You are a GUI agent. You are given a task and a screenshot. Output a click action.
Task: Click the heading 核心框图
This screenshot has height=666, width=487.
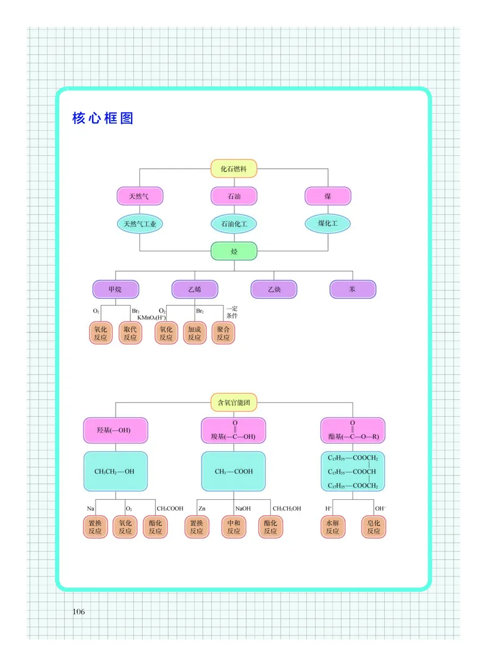tap(103, 118)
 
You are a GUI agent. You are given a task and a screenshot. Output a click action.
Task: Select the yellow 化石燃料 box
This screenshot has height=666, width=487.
tap(234, 169)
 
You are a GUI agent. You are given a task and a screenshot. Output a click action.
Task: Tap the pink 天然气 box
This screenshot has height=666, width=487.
tap(139, 196)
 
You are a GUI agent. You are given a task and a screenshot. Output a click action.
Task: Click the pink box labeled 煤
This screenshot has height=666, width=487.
tap(328, 196)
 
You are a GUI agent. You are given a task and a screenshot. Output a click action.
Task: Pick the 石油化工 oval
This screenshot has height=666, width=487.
tap(234, 224)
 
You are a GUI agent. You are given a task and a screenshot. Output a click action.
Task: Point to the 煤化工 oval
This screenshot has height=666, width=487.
tap(328, 223)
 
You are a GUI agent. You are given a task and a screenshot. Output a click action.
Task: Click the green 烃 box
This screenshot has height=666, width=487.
tap(234, 251)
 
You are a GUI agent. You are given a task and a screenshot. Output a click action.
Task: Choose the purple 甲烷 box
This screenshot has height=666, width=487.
tap(115, 289)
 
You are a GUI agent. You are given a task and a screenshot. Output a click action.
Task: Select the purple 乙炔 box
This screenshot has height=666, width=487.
tap(274, 289)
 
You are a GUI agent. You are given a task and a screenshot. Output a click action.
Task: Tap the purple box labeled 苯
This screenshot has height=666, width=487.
tap(352, 289)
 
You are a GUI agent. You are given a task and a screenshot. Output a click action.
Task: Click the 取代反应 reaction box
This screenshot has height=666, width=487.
tap(130, 333)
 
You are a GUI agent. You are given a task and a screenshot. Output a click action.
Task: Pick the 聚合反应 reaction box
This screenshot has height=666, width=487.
tap(223, 333)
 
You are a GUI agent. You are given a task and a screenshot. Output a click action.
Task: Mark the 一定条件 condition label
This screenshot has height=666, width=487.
tap(232, 312)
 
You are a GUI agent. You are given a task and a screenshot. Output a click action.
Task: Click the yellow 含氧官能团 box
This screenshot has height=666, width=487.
tap(234, 402)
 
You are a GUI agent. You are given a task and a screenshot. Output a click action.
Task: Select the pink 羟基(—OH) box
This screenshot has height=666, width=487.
tap(115, 430)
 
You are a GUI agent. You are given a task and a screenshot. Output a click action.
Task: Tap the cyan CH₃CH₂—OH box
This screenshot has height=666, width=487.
tap(115, 471)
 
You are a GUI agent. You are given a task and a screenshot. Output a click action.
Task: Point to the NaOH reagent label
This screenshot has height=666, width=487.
tap(243, 508)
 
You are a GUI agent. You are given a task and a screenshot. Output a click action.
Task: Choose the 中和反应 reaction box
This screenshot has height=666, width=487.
tap(234, 527)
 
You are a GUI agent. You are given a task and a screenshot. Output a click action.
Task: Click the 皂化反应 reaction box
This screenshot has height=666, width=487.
tap(374, 527)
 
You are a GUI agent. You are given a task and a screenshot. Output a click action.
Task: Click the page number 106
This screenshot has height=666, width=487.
tap(80, 611)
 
